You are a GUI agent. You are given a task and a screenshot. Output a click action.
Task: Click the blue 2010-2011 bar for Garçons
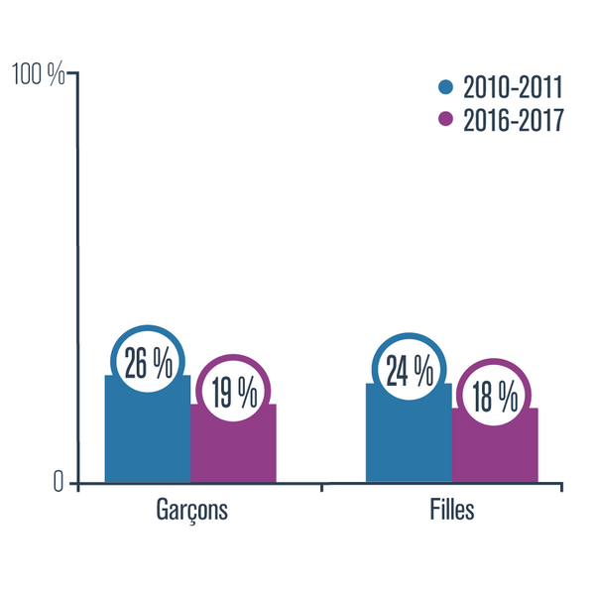(x=147, y=436)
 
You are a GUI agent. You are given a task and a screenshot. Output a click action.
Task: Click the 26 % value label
(x=147, y=363)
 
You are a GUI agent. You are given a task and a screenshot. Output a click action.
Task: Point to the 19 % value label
(x=234, y=393)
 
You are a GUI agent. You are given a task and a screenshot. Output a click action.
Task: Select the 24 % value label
(x=409, y=371)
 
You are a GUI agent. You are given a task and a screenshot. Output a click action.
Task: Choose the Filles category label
(x=452, y=511)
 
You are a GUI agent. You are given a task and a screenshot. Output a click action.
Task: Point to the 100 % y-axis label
(x=37, y=74)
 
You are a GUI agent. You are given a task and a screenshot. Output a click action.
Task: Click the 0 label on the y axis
(x=58, y=483)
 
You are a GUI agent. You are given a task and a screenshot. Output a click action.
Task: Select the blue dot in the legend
(x=445, y=86)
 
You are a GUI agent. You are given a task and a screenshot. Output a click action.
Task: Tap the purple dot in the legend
(x=445, y=120)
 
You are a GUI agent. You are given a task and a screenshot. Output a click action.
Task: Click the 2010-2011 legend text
(x=512, y=86)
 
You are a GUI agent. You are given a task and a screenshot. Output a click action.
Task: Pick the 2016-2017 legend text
(x=512, y=120)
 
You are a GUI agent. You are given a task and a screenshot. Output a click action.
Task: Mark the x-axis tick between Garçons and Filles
(x=321, y=487)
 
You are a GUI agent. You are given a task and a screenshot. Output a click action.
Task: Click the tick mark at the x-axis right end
(x=563, y=487)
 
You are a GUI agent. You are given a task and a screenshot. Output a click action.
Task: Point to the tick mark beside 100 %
(x=72, y=74)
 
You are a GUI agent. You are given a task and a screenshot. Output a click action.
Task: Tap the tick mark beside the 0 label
(x=72, y=484)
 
